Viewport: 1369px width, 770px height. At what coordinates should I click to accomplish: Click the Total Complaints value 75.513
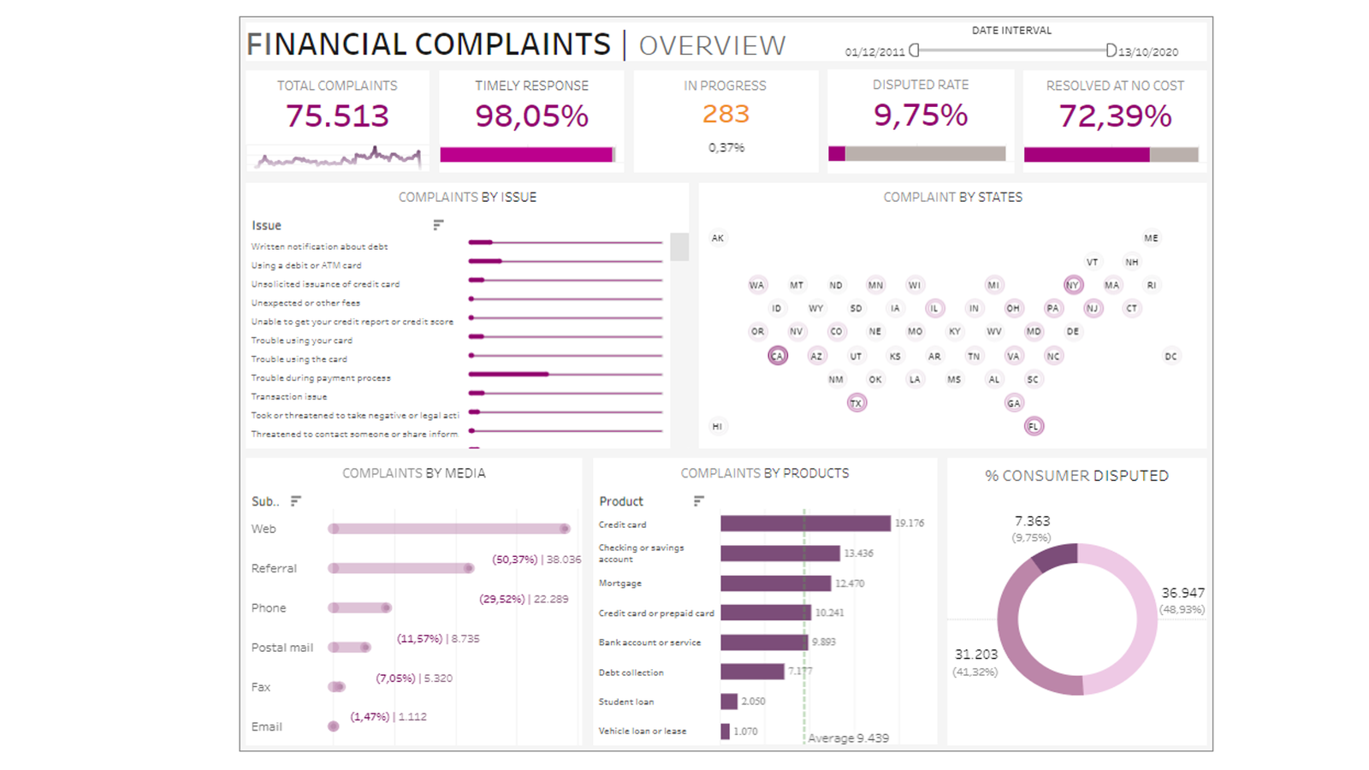click(337, 115)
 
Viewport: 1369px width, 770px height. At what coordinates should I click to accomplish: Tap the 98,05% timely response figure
click(531, 115)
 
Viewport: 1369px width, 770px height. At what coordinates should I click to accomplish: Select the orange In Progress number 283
click(726, 114)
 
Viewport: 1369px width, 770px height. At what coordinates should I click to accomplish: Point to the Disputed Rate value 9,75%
click(920, 115)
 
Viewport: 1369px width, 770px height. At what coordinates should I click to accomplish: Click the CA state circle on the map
click(777, 356)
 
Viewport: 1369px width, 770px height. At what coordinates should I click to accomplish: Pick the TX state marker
click(856, 403)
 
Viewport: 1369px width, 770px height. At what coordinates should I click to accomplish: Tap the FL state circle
click(1034, 426)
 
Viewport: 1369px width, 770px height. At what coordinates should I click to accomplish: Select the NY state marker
click(1073, 285)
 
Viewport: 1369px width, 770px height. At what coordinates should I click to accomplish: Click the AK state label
click(718, 238)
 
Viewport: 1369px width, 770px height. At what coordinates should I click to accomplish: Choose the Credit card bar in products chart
click(804, 524)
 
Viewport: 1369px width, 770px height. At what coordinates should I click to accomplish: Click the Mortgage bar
click(775, 583)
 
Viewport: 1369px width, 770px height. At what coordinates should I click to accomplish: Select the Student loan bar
click(729, 702)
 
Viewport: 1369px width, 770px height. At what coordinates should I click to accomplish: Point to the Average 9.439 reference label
click(848, 737)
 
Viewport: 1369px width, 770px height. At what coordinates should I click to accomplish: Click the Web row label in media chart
click(264, 529)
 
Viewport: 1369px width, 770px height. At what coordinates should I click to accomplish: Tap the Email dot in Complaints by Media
click(333, 726)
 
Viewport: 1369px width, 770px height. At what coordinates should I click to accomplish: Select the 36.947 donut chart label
click(1182, 593)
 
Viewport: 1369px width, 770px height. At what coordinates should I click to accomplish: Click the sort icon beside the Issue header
click(438, 225)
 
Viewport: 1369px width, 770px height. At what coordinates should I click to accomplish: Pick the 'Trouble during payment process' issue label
click(321, 378)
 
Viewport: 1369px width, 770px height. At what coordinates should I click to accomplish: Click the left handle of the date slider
click(914, 50)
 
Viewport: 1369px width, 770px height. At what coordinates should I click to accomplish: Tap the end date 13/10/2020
click(1148, 52)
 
